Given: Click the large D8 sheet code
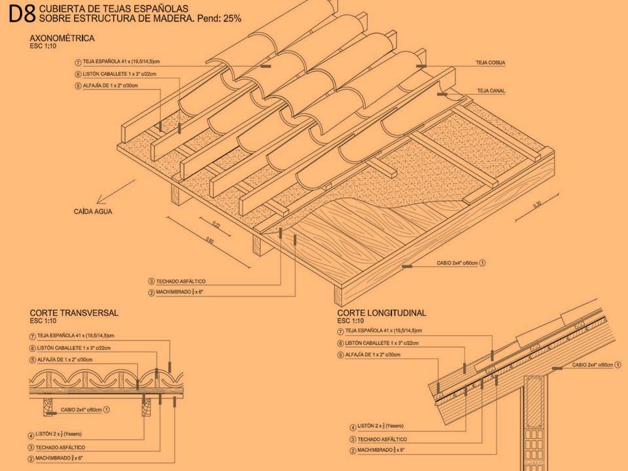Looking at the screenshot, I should pos(22,14).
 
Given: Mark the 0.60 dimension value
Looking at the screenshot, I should pos(210,240).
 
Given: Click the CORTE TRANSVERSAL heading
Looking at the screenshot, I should pos(74,313).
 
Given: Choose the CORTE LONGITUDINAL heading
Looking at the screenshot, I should pos(382,313).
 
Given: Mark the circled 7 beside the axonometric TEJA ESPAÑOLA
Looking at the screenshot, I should pos(78,62).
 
